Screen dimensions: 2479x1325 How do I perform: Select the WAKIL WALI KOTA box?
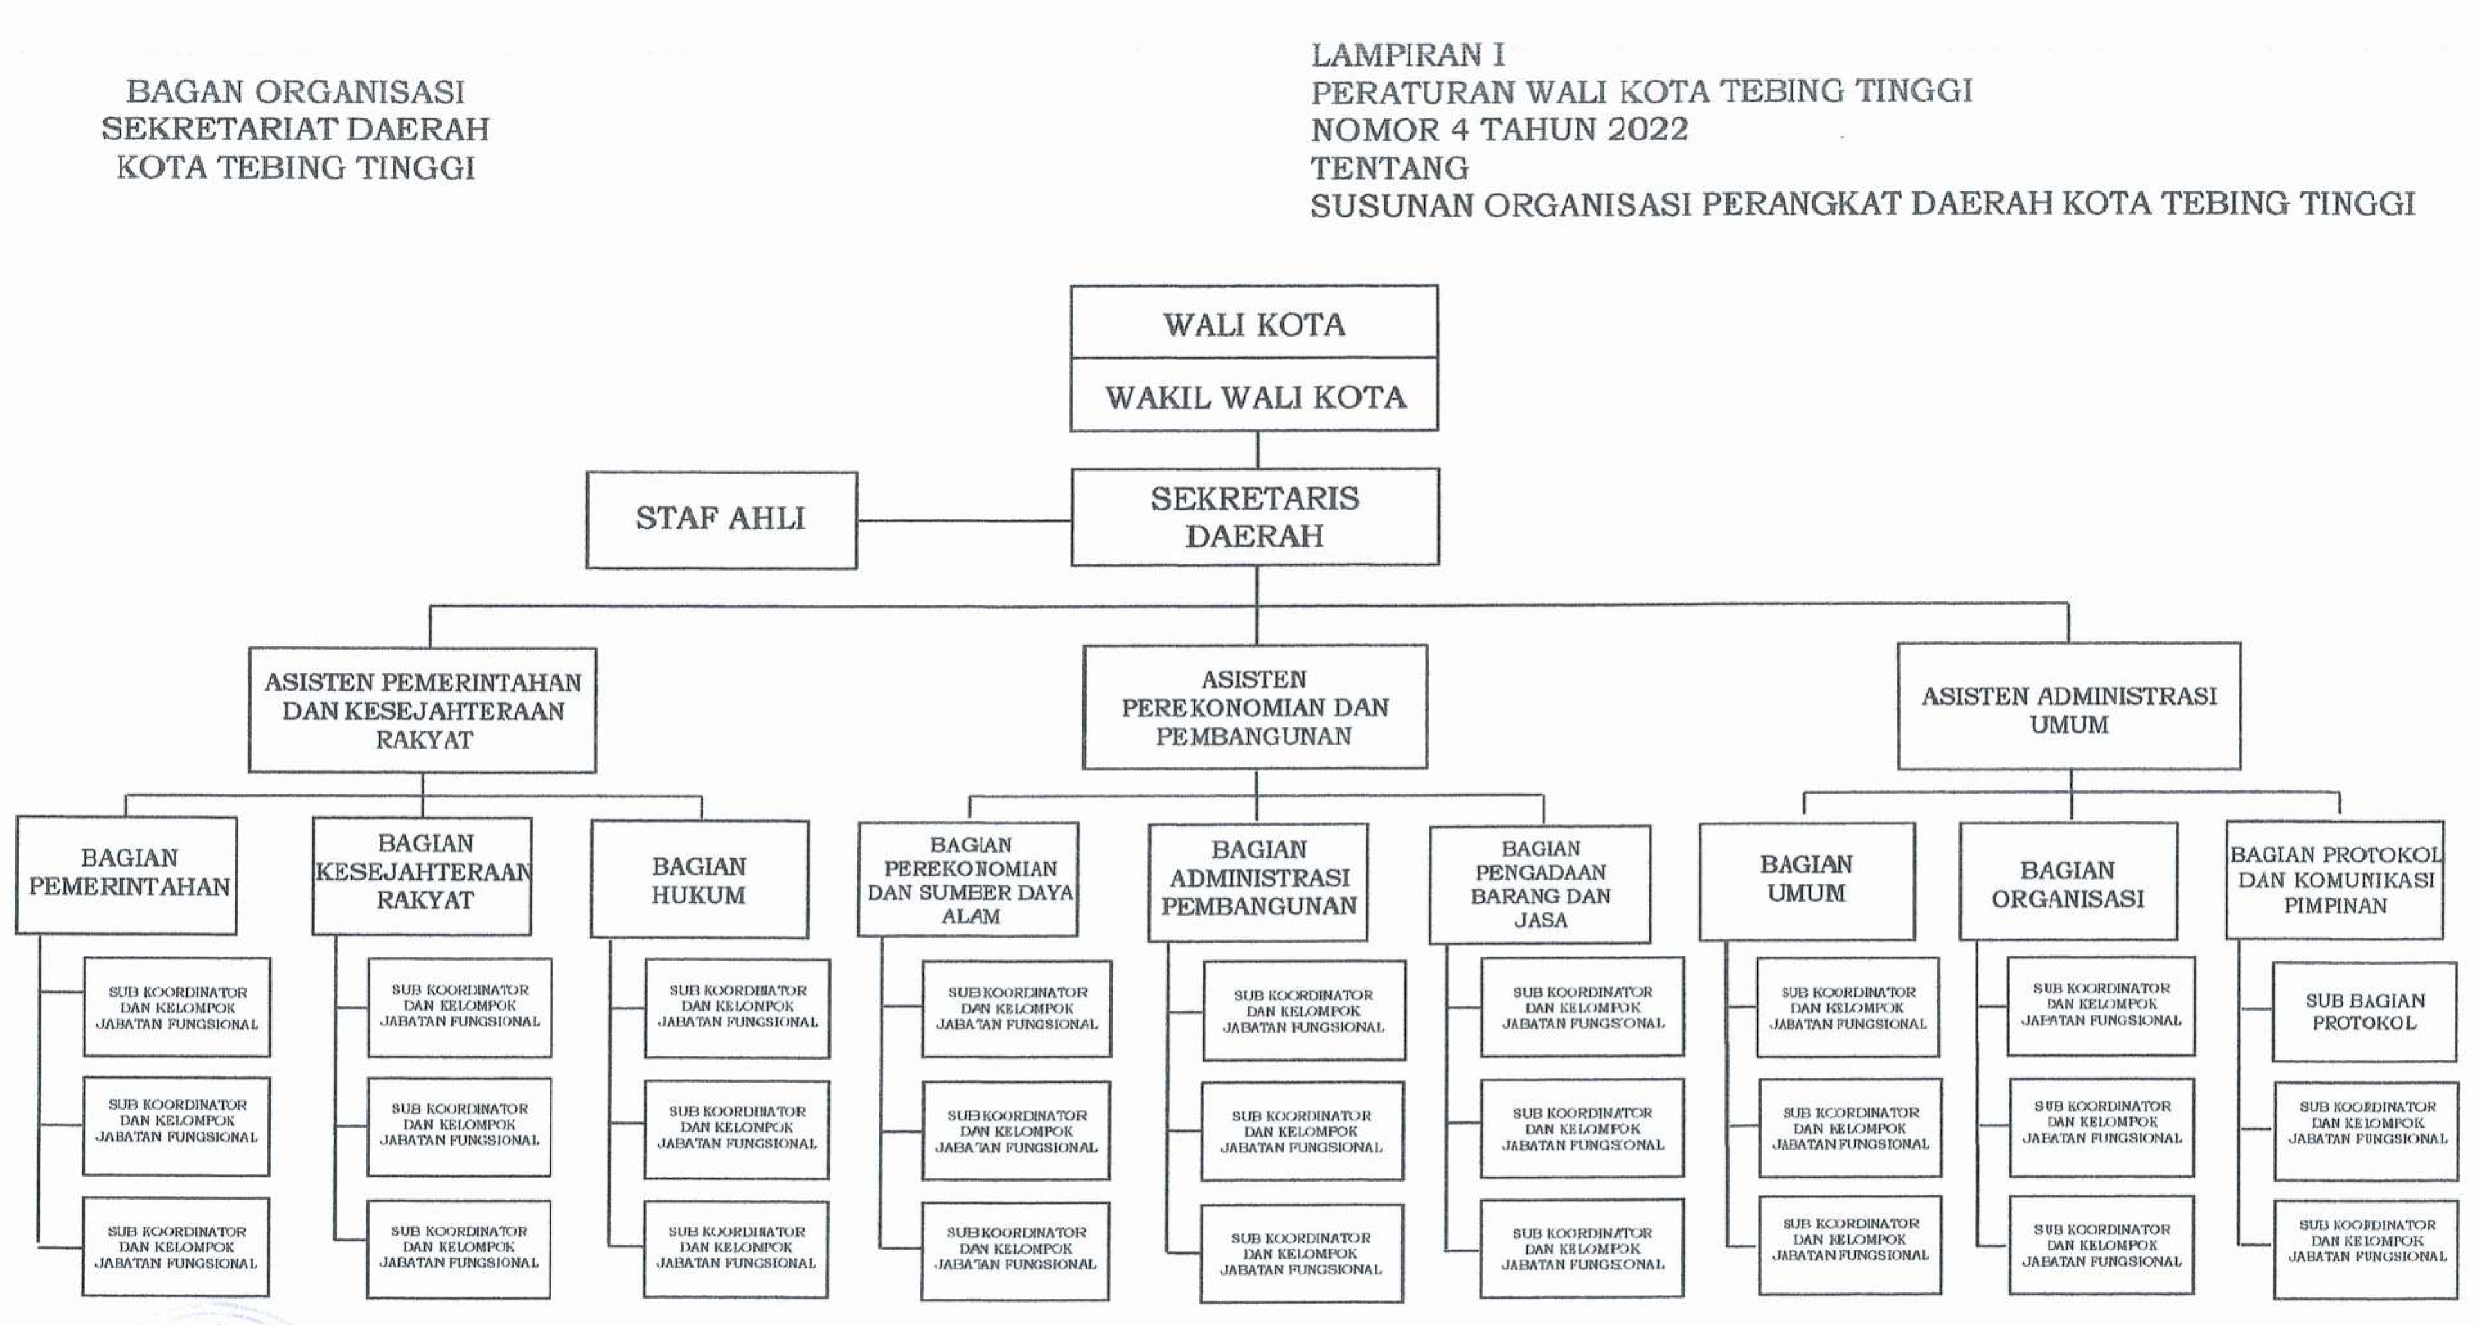[1254, 395]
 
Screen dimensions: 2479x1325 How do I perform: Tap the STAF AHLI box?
[720, 520]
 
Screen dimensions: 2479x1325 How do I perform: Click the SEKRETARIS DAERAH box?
[1255, 517]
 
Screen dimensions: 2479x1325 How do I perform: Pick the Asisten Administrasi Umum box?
[2069, 706]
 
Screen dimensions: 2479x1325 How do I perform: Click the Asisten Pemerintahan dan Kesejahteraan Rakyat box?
[422, 710]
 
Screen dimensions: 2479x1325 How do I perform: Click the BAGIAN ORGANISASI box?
[2069, 882]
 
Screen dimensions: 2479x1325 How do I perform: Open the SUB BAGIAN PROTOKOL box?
[2365, 1011]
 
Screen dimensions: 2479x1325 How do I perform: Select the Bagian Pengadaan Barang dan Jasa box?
[1540, 884]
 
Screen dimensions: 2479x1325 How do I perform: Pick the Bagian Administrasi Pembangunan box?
[1258, 882]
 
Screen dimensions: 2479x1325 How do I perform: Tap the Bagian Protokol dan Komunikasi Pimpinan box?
[2334, 880]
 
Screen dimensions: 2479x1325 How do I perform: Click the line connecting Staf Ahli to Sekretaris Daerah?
[964, 520]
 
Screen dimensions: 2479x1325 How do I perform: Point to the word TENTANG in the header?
[1390, 168]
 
